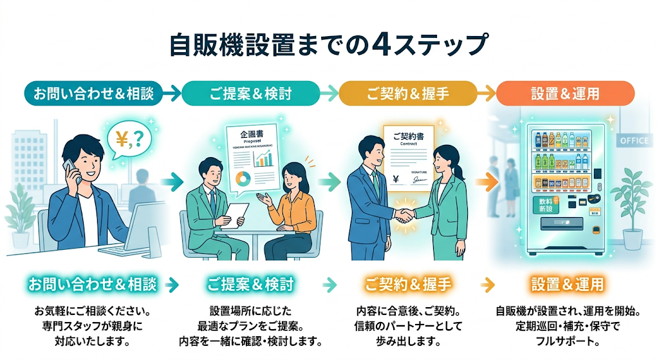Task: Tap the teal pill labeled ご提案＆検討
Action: click(x=250, y=94)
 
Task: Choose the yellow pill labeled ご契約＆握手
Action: click(x=407, y=94)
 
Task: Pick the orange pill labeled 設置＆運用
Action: click(x=566, y=94)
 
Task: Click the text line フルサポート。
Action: click(x=567, y=341)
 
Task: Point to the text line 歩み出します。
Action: click(x=408, y=341)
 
